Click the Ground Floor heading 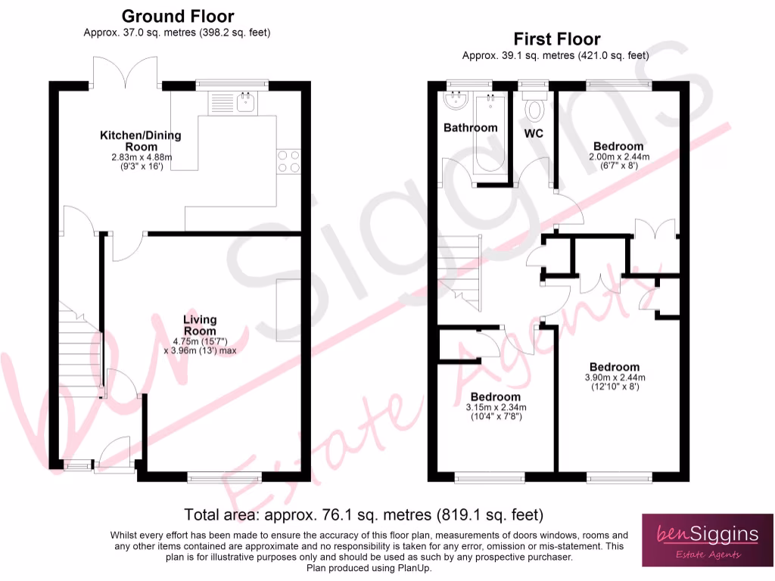pos(178,16)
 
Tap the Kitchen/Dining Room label pos(141,141)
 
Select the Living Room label pos(199,325)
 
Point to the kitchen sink pos(244,102)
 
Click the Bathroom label pos(470,128)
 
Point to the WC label pos(534,134)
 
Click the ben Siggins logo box pos(707,540)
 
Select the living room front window pos(224,477)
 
